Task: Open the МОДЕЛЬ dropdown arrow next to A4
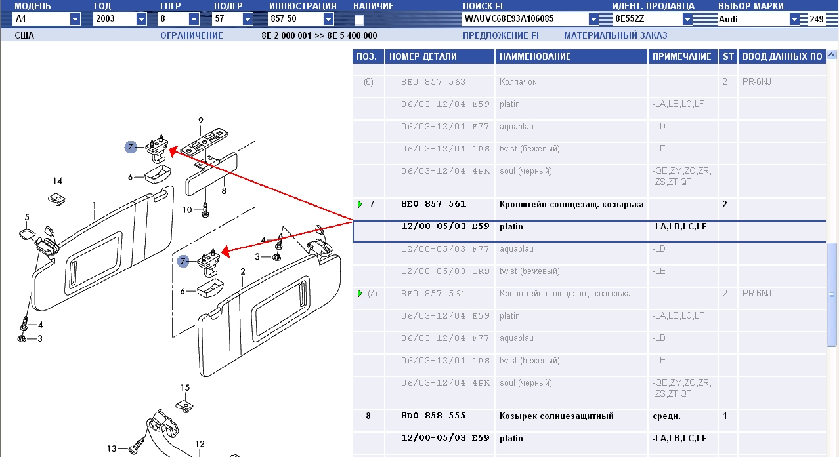coord(75,19)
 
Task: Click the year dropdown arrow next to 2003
coord(141,19)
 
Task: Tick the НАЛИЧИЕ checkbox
coord(359,20)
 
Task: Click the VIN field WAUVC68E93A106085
coord(509,19)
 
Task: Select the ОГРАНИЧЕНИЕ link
coord(192,35)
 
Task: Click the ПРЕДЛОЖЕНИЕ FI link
coord(500,35)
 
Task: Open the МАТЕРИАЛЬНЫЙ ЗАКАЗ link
coord(615,35)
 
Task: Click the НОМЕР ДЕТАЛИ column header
coord(423,56)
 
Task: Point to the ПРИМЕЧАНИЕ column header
coord(681,56)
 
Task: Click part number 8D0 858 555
coord(433,416)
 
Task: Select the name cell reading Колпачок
coord(517,81)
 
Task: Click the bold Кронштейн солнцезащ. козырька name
coord(571,204)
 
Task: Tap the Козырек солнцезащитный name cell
coord(556,416)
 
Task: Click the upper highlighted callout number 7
coord(131,147)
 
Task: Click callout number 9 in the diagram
coord(201,121)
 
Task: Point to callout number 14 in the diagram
coord(57,181)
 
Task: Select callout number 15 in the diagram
coord(185,387)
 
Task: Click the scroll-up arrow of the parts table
coord(831,55)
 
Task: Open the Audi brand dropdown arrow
coord(794,19)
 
